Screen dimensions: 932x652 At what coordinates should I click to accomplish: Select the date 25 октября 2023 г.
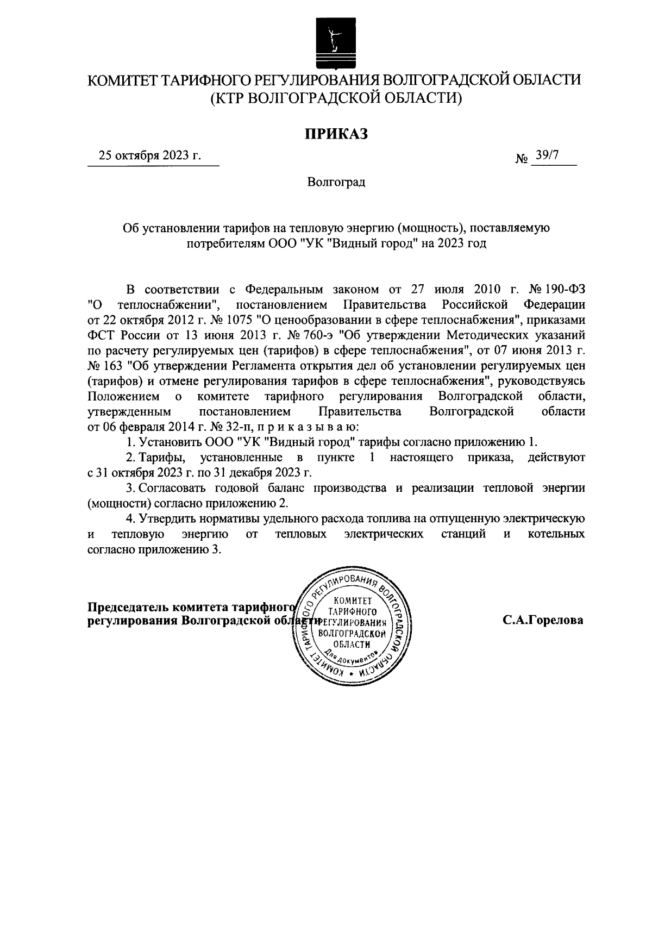(149, 155)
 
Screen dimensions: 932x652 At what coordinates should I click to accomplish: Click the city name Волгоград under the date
(336, 182)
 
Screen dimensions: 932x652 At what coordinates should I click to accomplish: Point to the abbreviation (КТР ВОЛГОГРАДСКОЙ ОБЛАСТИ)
(336, 98)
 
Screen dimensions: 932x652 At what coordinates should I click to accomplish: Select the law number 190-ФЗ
(567, 287)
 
